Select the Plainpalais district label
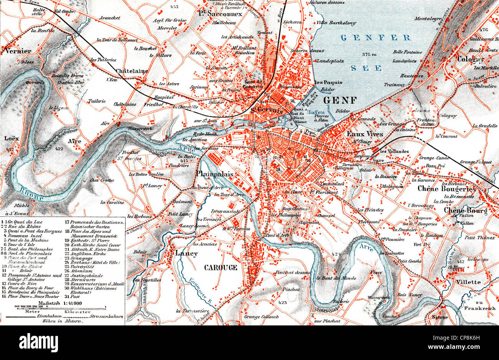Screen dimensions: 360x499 pyautogui.click(x=215, y=174)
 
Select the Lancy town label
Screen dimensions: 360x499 pyautogui.click(x=186, y=254)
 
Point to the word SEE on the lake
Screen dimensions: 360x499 pyautogui.click(x=367, y=68)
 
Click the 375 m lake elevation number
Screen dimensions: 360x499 pyautogui.click(x=369, y=55)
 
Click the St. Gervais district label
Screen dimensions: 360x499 pyautogui.click(x=266, y=110)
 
